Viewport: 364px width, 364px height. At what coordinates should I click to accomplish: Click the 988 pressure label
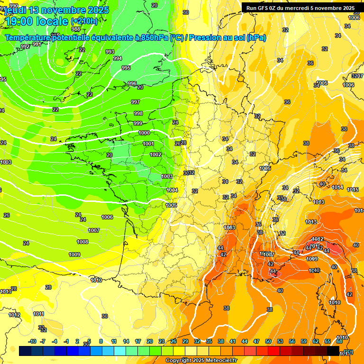click(x=76, y=42)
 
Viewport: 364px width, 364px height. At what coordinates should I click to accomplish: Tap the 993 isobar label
click(x=110, y=52)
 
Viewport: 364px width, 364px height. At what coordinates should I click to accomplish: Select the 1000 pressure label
click(x=145, y=133)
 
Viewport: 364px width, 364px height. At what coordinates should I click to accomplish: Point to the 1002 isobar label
click(x=155, y=155)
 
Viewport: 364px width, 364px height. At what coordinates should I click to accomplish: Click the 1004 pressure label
click(x=172, y=190)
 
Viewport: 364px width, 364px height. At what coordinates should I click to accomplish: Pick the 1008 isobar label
click(x=82, y=242)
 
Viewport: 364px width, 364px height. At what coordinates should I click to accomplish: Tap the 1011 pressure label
click(x=38, y=314)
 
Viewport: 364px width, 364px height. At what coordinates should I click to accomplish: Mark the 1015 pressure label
click(x=353, y=190)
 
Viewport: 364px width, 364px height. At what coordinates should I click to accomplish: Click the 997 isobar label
click(x=136, y=102)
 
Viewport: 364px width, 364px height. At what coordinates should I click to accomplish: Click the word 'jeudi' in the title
click(x=18, y=10)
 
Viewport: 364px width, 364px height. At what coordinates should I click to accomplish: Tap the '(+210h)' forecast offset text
click(x=84, y=21)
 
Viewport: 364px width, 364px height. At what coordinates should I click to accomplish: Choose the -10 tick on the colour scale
click(x=32, y=341)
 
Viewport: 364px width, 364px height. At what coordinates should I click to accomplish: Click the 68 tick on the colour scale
click(x=339, y=341)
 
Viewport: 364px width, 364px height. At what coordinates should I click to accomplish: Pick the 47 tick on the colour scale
click(x=256, y=341)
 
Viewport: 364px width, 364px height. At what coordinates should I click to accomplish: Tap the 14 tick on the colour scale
click(x=126, y=341)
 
